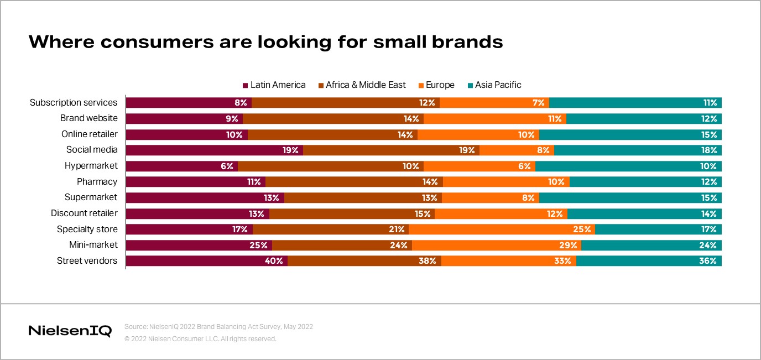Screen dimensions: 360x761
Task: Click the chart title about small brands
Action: [265, 42]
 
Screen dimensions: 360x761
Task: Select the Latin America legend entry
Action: [274, 85]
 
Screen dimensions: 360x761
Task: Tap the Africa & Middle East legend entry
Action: [362, 85]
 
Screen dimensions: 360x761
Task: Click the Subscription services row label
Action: [74, 103]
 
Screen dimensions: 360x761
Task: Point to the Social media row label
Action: [92, 150]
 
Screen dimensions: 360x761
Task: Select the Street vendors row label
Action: [87, 261]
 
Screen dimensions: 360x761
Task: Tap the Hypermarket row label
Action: [91, 166]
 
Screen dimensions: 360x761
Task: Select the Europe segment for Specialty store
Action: [502, 229]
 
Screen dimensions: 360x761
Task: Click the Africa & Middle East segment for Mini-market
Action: [342, 246]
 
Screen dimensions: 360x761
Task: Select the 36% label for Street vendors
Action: [708, 261]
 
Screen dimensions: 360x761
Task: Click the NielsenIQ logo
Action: [70, 331]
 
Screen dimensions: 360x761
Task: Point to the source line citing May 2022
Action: [218, 327]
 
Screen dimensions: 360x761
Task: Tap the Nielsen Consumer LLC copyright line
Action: [200, 339]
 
